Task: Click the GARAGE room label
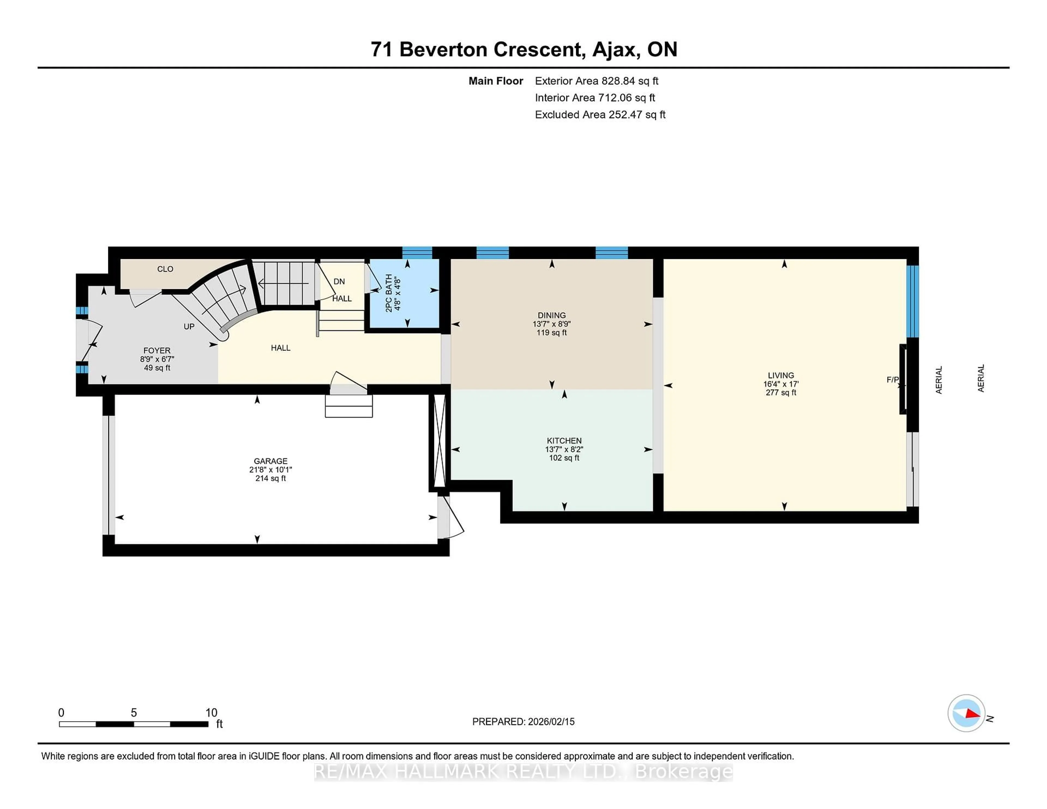tap(270, 461)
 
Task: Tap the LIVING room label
tap(780, 375)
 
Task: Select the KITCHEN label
tap(564, 440)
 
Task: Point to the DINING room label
tap(551, 315)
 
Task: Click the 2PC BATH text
tap(389, 293)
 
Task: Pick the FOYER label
tap(157, 350)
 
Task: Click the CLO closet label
tap(165, 269)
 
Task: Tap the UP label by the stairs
tap(189, 326)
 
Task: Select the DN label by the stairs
tap(339, 281)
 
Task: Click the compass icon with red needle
tap(966, 713)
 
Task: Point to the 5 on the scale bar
tap(134, 713)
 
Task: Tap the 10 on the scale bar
tap(211, 713)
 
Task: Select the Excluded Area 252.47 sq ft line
tap(600, 114)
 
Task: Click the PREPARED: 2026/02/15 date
tap(523, 721)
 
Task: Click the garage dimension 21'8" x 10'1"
tap(270, 470)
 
